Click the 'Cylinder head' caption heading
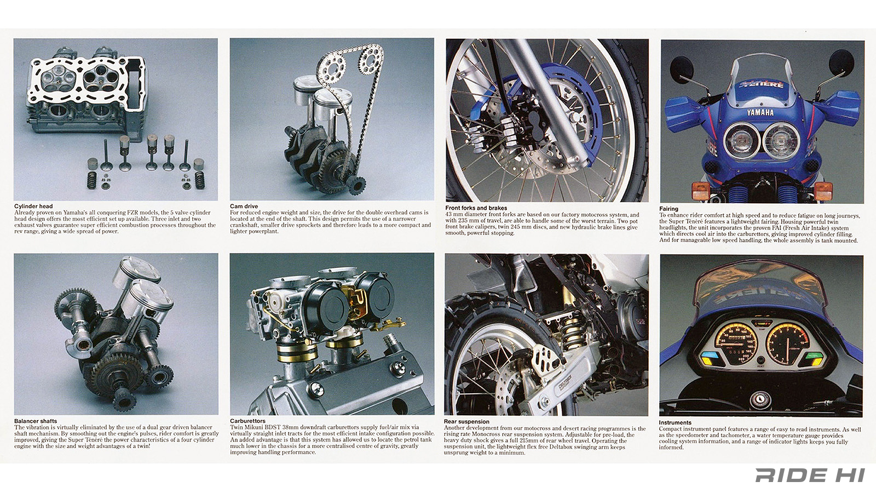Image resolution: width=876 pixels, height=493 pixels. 33,207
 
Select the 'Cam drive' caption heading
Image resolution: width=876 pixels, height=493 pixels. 244,207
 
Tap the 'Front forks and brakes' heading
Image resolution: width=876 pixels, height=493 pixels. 476,208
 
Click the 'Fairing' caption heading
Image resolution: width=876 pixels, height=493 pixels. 668,209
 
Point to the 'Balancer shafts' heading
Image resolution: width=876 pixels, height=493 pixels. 36,421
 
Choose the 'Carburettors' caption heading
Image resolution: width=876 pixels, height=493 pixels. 247,421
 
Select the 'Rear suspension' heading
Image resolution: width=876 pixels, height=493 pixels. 466,422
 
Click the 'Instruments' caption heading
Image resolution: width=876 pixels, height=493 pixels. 675,422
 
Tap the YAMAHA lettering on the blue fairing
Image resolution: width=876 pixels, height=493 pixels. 760,112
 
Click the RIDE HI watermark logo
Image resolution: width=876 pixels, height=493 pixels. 810,475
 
